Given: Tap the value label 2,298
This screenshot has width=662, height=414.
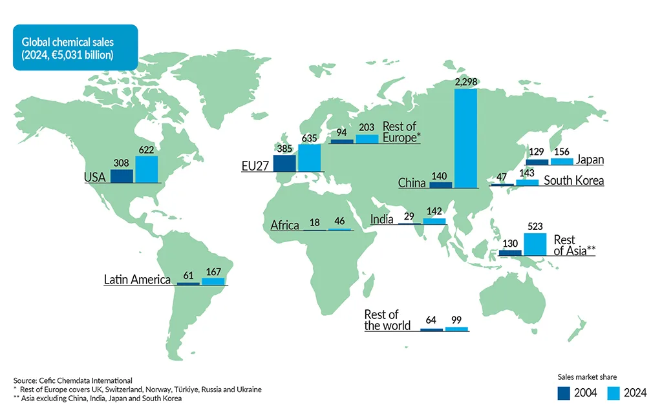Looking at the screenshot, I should pos(466,83).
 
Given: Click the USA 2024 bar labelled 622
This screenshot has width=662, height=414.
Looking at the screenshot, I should pos(146,169).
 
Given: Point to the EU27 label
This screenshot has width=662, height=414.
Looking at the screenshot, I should pos(254,167).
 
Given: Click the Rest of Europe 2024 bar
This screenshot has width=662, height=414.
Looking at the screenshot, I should pos(367,139).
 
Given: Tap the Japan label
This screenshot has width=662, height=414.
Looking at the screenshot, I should pos(590,160).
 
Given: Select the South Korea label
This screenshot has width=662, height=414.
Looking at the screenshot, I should pos(573,180).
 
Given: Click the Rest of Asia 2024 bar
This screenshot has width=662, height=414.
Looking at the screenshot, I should pos(535,244).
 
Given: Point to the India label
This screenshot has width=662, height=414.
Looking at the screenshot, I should pos(381,220).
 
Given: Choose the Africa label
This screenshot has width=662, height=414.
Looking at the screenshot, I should pos(284,225).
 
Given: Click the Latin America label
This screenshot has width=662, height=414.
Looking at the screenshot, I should pos(137,280).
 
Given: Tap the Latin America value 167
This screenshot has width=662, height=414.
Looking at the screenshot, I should pos(213,271).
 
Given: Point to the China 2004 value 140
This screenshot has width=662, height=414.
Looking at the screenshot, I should pos(440,176).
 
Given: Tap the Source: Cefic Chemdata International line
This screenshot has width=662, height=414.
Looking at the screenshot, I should pos(72,381).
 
